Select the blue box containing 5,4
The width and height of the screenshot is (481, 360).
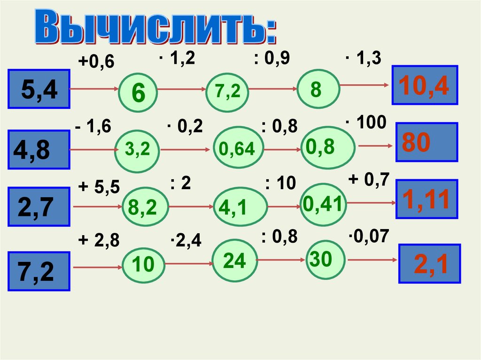click(39, 89)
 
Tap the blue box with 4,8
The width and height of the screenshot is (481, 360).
click(39, 151)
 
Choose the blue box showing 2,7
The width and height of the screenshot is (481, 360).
click(39, 207)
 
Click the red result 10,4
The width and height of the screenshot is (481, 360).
click(425, 85)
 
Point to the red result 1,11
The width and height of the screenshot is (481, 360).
click(426, 199)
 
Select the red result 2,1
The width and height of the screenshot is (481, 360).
click(428, 263)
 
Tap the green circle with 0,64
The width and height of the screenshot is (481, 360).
click(240, 149)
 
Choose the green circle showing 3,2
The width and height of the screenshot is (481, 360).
click(138, 149)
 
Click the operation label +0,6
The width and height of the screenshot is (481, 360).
click(96, 62)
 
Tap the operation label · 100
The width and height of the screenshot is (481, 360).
click(366, 123)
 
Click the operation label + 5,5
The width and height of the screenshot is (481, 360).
click(99, 187)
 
